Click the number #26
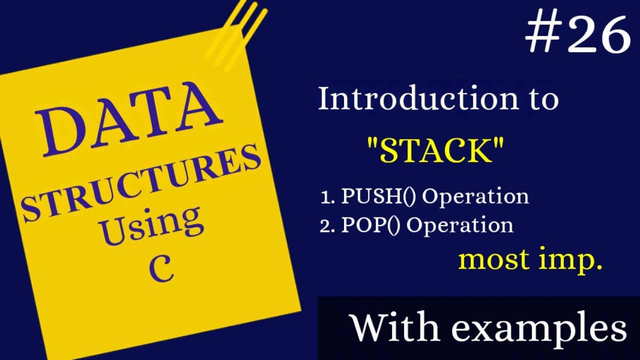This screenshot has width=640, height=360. (578, 34)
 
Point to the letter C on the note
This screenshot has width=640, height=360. (161, 270)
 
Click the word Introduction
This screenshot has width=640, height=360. (418, 98)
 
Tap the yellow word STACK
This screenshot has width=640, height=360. (434, 150)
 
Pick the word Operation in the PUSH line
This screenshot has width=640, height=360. (475, 196)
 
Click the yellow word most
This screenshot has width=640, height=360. (493, 260)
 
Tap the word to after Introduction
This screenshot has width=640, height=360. (543, 99)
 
